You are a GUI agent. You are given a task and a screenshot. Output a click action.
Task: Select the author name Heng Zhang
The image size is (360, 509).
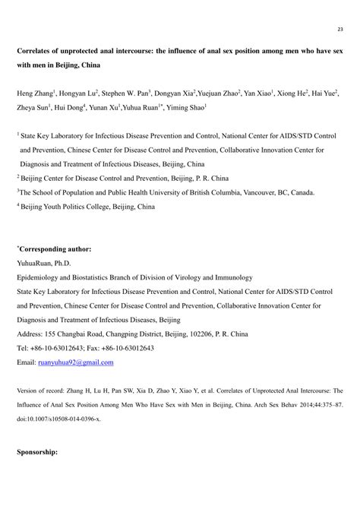pyautogui.click(x=33, y=93)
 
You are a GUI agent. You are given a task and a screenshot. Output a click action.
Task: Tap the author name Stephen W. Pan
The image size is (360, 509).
pyautogui.click(x=124, y=93)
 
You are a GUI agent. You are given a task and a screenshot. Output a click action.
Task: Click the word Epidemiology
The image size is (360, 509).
pyautogui.click(x=42, y=278)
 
